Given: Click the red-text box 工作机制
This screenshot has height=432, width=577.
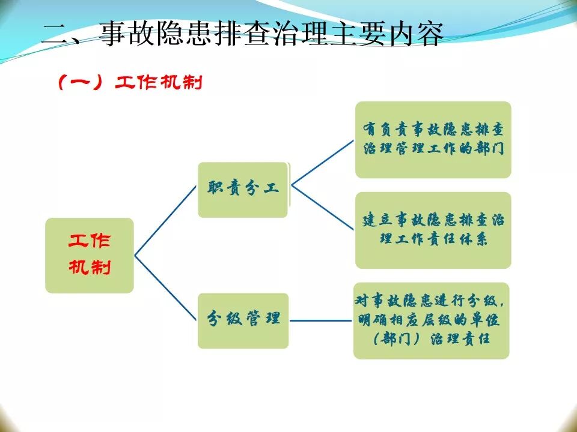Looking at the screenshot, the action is [90, 255].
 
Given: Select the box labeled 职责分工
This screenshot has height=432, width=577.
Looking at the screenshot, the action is [243, 189].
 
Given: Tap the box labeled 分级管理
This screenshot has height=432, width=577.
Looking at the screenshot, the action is [243, 320].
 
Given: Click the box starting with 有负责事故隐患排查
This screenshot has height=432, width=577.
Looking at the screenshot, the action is [433, 139].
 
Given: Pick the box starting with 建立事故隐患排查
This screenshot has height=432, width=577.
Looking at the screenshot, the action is [433, 230].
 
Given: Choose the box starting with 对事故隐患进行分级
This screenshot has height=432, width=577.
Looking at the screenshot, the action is [431, 320].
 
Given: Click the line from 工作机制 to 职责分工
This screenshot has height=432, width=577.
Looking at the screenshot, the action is [166, 221].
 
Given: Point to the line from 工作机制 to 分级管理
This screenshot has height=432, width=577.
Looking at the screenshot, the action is [166, 287].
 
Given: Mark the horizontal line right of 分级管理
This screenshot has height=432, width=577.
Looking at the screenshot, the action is [320, 320].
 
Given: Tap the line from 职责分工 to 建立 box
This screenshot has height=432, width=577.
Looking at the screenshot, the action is [323, 208].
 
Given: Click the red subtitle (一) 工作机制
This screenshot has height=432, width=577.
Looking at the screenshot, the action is [129, 83].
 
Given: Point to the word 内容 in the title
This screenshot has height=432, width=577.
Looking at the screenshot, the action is [414, 35].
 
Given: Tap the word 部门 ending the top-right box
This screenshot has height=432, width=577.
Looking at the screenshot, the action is [488, 149].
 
